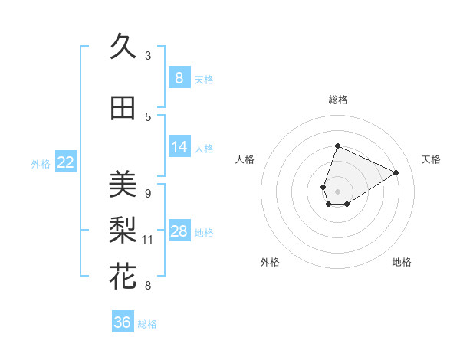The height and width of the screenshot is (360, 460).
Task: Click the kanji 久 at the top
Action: [123, 47]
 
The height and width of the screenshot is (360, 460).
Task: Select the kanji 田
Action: [123, 108]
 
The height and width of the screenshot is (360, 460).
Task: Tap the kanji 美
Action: [123, 184]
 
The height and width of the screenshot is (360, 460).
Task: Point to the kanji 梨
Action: [123, 230]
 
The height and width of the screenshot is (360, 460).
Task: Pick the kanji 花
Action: [123, 276]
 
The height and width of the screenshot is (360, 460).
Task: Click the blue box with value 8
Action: [179, 77]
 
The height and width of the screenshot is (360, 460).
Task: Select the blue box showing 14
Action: [179, 146]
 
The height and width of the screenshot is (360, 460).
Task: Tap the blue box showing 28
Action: [179, 231]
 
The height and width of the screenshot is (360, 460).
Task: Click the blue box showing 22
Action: [66, 162]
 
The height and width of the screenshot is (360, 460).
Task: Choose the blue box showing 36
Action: [122, 322]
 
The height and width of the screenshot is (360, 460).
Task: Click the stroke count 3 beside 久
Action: [148, 56]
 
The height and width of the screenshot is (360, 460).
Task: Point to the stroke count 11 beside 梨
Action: [148, 240]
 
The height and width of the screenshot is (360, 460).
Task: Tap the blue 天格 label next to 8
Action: [203, 79]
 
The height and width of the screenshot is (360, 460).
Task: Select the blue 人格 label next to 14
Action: [203, 148]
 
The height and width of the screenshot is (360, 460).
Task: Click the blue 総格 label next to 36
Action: [147, 324]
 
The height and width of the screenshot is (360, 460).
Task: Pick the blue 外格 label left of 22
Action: [41, 163]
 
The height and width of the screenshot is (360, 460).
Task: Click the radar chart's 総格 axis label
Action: [338, 100]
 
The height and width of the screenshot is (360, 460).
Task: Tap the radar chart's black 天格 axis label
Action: [432, 159]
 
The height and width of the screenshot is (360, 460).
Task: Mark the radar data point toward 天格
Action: [396, 173]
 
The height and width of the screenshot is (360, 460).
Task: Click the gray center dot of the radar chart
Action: [338, 191]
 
